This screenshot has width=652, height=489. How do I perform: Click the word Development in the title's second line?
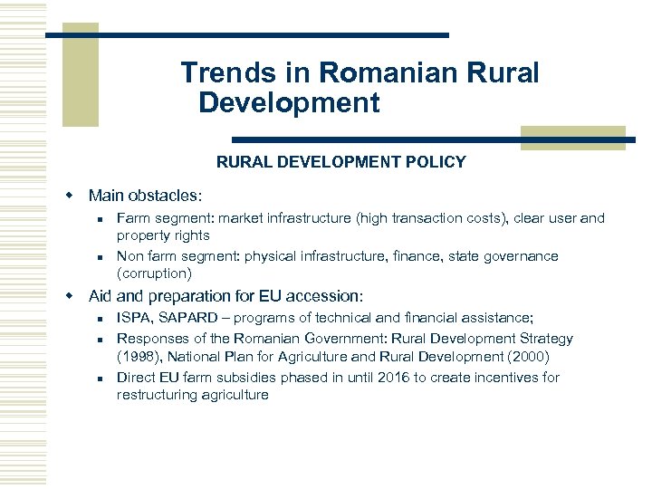coord(289,103)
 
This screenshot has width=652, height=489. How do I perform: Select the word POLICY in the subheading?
coord(437,163)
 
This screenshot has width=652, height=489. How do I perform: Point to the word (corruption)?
coord(155,273)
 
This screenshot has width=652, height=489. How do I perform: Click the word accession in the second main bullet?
coord(327,296)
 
